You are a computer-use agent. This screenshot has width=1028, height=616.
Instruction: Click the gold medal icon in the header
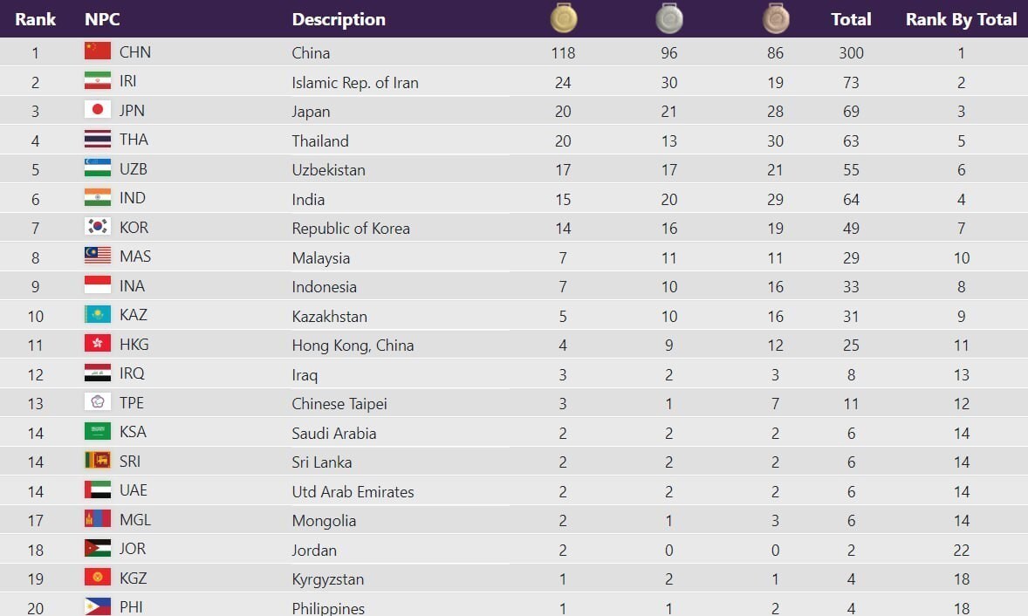click(x=564, y=17)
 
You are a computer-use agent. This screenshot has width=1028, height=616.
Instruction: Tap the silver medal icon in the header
click(x=669, y=17)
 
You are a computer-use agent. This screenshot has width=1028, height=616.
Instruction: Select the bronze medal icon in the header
click(x=775, y=17)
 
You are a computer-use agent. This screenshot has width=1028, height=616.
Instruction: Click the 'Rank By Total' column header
click(x=961, y=19)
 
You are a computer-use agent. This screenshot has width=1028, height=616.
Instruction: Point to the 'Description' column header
click(x=339, y=19)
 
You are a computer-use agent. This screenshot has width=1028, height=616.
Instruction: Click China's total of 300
click(x=851, y=52)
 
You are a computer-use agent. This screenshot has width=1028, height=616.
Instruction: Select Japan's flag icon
click(x=98, y=110)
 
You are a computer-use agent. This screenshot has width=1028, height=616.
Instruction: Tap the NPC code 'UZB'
click(x=134, y=169)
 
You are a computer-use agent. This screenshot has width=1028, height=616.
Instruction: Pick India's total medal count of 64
click(x=851, y=199)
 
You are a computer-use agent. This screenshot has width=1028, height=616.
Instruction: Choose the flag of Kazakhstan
click(x=98, y=314)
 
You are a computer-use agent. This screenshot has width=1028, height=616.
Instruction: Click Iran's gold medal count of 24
click(x=563, y=82)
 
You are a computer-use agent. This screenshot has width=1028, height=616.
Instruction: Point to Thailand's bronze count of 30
click(x=775, y=140)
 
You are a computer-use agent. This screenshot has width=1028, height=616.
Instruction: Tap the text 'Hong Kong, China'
click(x=353, y=345)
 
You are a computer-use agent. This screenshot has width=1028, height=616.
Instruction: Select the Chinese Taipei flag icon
click(x=98, y=402)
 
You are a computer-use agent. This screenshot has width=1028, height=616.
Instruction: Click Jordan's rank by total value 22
click(x=961, y=550)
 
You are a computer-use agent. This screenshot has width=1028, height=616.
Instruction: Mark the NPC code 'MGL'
click(x=135, y=520)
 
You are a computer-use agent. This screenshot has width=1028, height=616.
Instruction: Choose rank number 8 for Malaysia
click(x=35, y=257)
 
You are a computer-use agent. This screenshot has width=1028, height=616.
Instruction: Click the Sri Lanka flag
click(x=98, y=461)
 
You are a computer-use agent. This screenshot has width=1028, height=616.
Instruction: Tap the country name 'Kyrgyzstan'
click(x=328, y=579)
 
